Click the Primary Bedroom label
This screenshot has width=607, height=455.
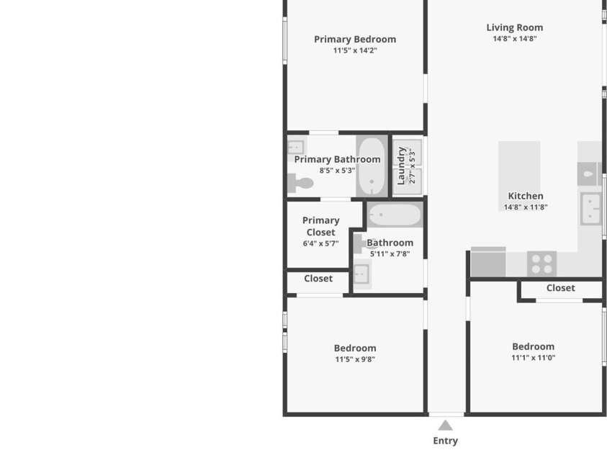point(355,39)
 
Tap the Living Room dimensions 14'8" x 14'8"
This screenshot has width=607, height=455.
point(515,38)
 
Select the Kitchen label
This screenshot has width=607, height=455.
point(526,196)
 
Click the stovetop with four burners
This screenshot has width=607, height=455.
point(542,264)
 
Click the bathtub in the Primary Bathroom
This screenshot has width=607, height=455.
point(372,166)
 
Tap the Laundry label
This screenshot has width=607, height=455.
point(402,166)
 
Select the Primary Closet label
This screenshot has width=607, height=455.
point(321,226)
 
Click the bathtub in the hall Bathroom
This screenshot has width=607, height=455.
point(395,215)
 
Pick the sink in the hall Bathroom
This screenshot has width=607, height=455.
point(361,274)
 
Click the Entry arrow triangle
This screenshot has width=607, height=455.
point(445,425)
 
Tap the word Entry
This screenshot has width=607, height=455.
point(445,441)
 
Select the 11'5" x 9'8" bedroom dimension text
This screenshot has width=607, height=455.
point(355,359)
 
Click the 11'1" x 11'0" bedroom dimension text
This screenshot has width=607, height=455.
point(533,358)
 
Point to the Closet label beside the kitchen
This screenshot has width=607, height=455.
point(560,288)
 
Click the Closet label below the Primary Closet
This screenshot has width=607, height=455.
point(318,279)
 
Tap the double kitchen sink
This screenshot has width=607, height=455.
point(590,209)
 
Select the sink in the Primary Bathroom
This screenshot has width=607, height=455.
point(296,148)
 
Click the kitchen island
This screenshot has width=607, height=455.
point(519,176)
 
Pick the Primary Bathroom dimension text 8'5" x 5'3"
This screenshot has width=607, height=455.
point(337,170)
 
